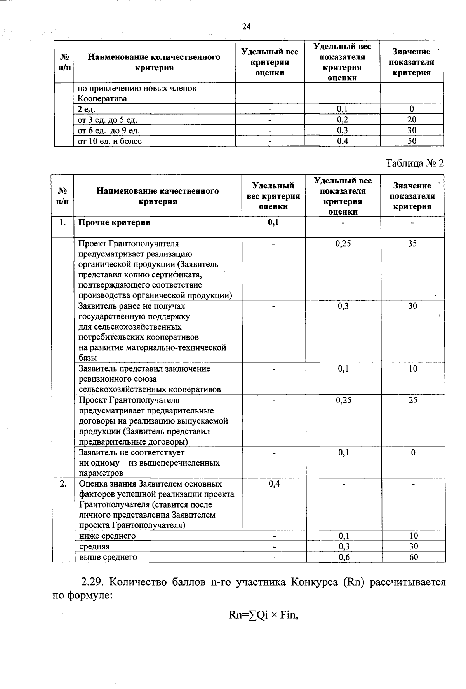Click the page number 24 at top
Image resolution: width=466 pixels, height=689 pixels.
click(246, 26)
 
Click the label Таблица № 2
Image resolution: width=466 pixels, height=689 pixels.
click(414, 163)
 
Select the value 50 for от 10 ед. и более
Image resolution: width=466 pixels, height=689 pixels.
click(412, 141)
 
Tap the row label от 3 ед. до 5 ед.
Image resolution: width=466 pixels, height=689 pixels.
click(108, 120)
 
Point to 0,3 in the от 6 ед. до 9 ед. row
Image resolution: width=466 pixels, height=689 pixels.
click(342, 130)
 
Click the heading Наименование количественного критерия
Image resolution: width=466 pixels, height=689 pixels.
click(154, 62)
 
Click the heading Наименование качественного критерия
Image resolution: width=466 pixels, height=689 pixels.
click(158, 196)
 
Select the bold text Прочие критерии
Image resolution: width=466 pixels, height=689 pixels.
click(115, 222)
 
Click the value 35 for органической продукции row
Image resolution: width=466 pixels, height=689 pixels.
click(412, 243)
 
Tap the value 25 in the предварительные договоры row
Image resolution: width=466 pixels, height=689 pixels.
click(413, 400)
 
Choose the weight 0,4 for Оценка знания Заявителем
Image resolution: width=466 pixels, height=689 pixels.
click(274, 483)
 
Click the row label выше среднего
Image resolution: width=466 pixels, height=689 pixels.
click(108, 557)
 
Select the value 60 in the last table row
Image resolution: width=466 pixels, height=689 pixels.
click(414, 557)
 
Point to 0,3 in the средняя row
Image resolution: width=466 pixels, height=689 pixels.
click(343, 546)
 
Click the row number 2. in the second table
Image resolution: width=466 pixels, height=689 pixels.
click(63, 483)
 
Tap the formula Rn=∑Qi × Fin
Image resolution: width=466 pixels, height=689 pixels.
click(263, 616)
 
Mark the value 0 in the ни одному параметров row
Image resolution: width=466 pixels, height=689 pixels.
click(413, 452)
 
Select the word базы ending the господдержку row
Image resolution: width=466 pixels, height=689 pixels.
click(88, 358)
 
